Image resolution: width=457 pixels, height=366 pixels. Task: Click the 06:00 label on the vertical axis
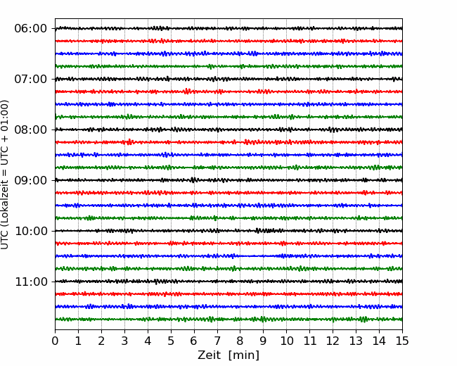31,29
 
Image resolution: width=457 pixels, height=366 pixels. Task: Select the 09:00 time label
31,180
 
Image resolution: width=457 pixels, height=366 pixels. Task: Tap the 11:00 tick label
31,282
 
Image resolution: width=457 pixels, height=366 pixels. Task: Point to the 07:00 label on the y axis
31,79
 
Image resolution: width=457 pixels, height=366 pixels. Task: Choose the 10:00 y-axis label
31,231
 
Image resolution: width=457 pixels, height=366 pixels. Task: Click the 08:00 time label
31,130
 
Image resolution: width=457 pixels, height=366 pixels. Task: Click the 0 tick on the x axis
55,341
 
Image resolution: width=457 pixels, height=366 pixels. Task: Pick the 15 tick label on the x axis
402,341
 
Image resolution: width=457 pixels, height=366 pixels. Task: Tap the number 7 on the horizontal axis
217,341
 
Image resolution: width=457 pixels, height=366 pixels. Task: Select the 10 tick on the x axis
286,341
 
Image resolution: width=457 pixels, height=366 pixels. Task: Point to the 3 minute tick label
124,341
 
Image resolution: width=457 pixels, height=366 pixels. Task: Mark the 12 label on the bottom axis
333,341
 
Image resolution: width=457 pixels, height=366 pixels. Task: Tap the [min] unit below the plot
244,355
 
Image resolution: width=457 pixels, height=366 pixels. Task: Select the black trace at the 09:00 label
228,180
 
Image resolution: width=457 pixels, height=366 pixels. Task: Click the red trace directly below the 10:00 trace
228,244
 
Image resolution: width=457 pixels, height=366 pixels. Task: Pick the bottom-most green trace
228,320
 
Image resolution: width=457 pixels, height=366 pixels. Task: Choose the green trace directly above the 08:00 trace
228,117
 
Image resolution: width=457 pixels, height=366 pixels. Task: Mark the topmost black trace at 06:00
228,28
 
